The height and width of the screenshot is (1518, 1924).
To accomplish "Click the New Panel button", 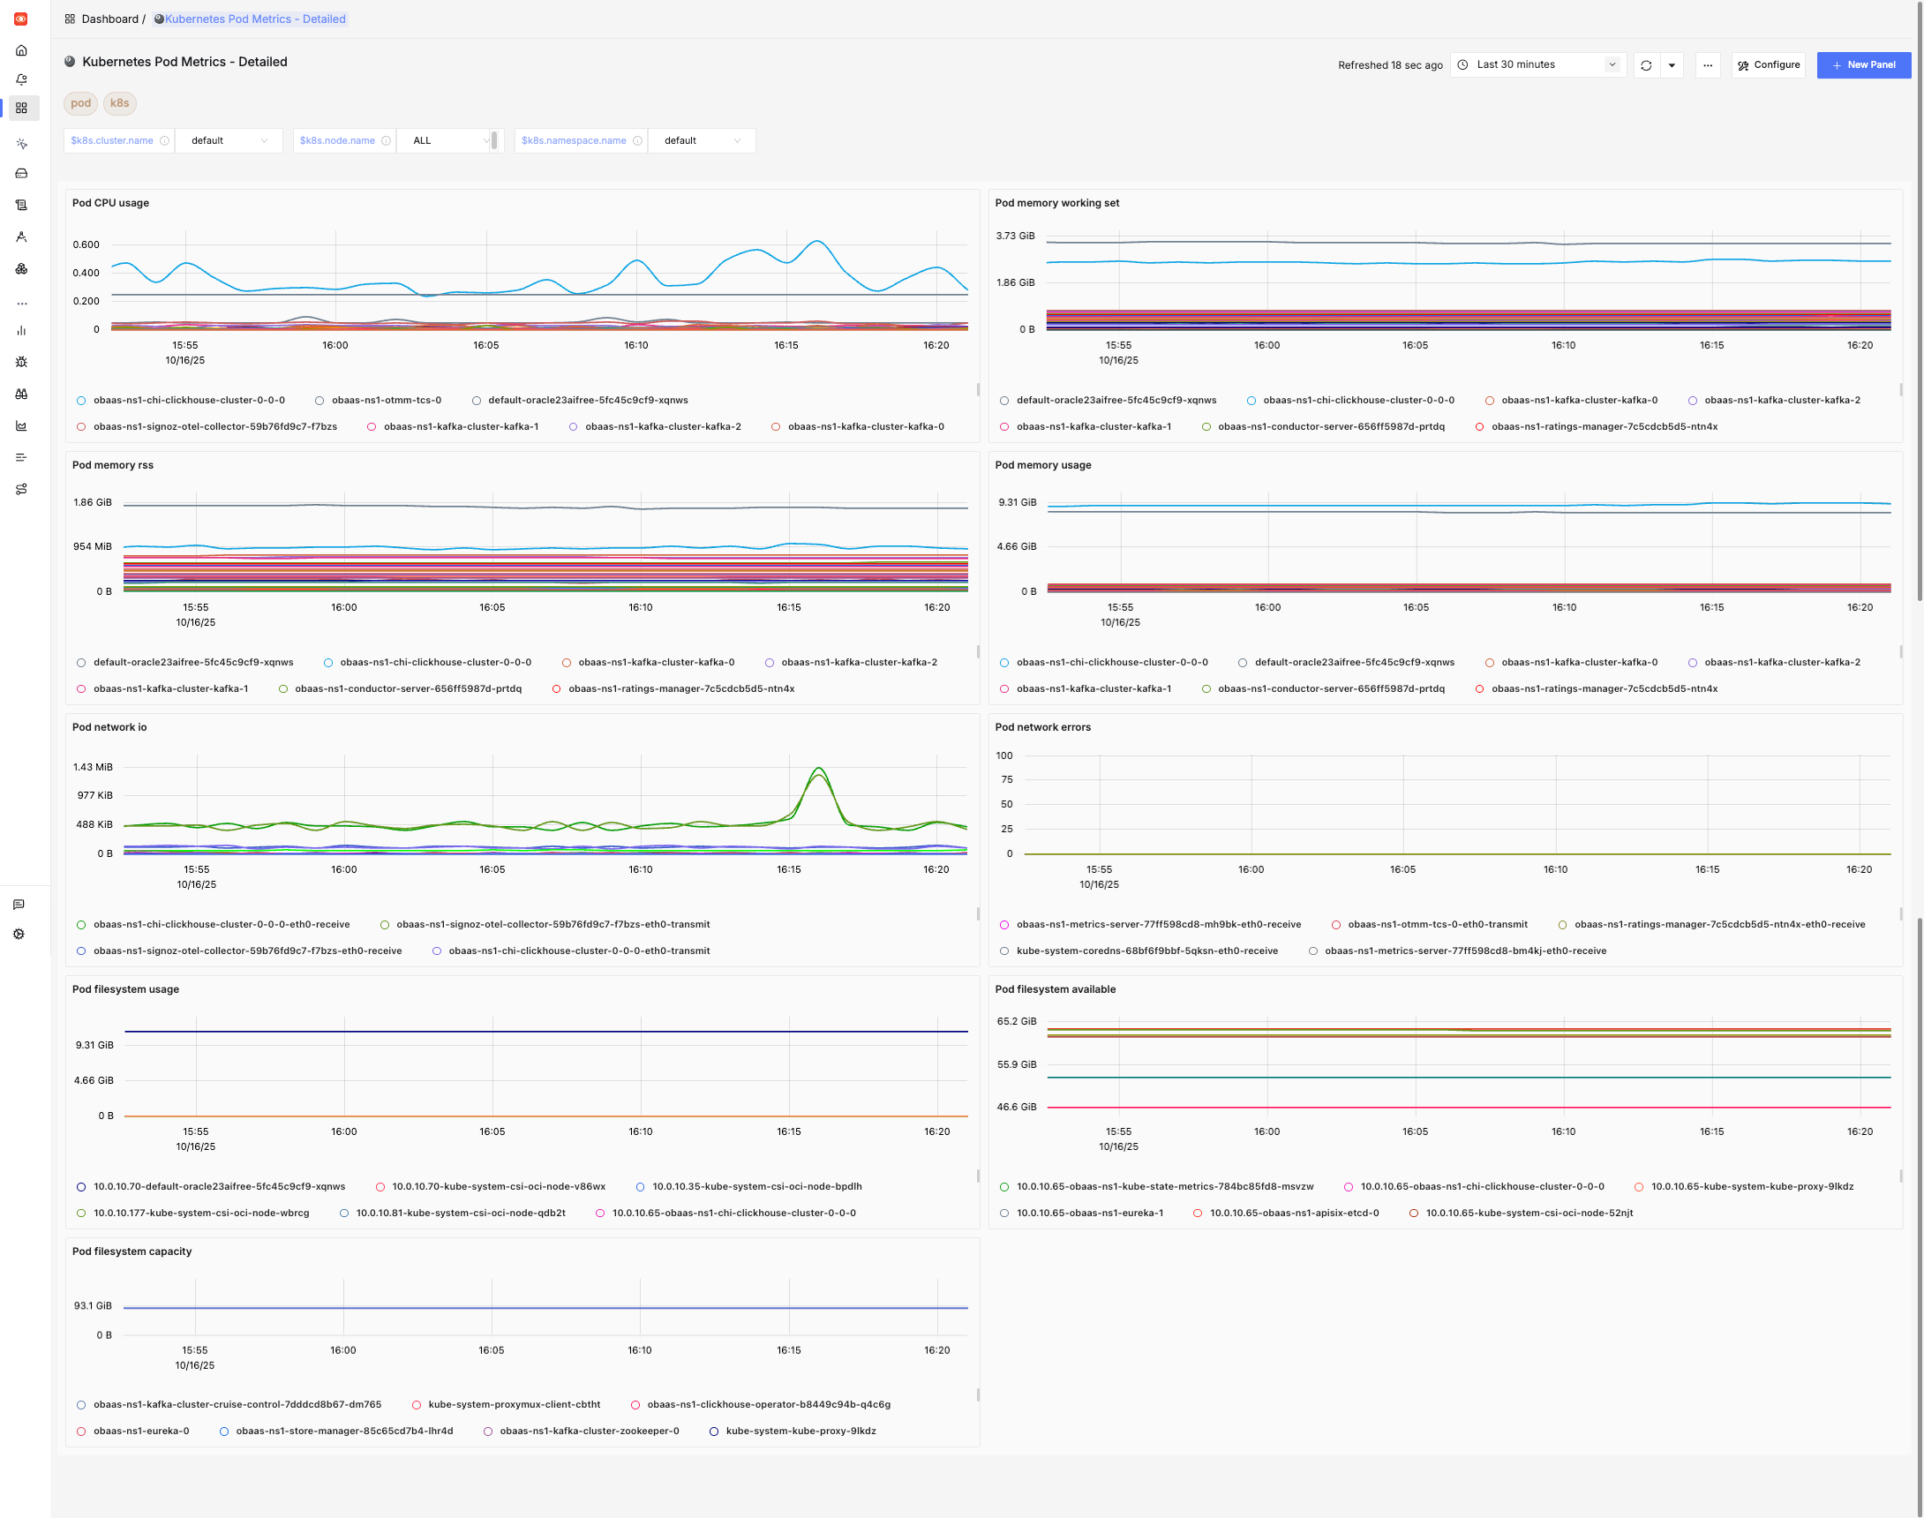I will [1863, 65].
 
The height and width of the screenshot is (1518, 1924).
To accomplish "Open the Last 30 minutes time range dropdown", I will [1537, 65].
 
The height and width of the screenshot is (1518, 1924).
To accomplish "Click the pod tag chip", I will [81, 103].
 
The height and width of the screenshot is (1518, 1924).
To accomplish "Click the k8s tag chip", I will [119, 103].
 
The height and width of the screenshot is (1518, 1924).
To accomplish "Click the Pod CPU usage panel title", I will [110, 203].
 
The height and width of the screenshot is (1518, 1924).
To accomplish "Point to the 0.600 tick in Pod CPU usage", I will [86, 244].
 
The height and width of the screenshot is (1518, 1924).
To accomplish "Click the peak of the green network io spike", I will [818, 768].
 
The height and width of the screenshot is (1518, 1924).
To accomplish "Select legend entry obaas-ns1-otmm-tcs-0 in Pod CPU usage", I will [386, 400].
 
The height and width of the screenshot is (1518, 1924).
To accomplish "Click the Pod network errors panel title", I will [1042, 727].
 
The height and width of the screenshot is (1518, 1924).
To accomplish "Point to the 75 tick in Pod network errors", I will [1006, 779].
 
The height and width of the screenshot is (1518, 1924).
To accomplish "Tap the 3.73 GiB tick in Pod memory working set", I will [1015, 236].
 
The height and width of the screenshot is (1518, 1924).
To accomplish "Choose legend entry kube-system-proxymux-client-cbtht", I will [514, 1404].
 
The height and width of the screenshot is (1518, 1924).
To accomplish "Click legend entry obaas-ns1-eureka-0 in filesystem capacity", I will [140, 1431].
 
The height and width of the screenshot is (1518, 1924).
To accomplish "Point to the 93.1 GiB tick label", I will [93, 1305].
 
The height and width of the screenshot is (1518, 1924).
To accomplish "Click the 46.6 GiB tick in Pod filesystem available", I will [1016, 1107].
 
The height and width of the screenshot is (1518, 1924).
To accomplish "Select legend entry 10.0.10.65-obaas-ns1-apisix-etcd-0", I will [1293, 1213].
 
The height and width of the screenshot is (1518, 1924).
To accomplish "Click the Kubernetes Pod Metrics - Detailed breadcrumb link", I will [255, 19].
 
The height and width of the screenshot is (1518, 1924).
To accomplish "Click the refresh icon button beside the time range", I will [1646, 65].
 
